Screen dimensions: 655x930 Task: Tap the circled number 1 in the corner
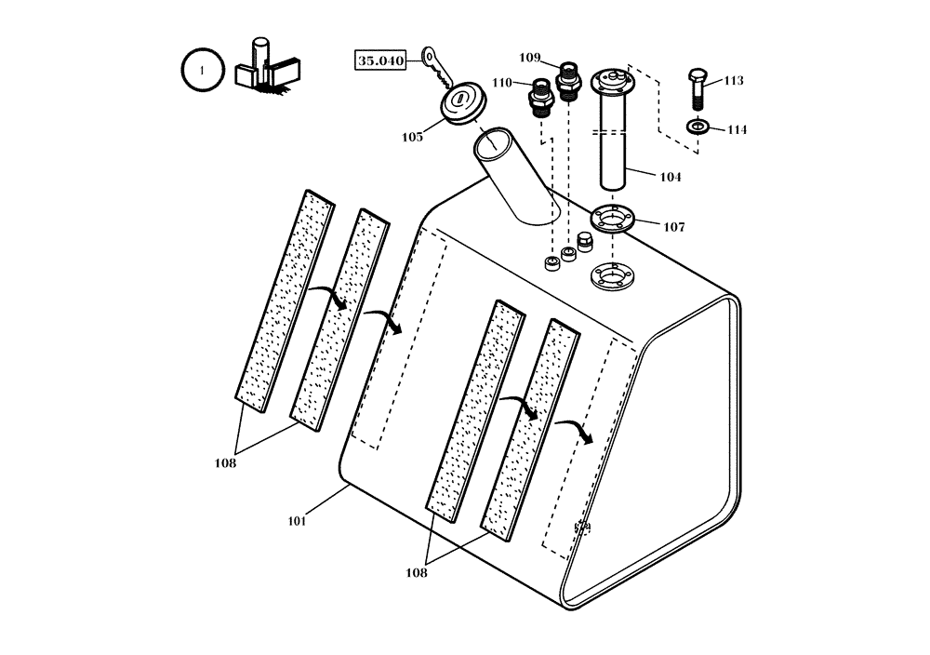[x=202, y=70]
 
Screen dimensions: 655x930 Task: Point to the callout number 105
[x=412, y=138]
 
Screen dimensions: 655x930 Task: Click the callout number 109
[x=529, y=58]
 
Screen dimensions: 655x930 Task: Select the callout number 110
[x=502, y=83]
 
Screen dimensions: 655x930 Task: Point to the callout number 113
[x=733, y=81]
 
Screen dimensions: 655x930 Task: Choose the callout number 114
[x=736, y=130]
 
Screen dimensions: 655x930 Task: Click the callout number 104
[x=670, y=177]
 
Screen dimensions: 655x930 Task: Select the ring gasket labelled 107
[x=611, y=220]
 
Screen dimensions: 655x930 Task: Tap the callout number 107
[x=673, y=227]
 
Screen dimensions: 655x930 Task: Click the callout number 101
[x=297, y=521]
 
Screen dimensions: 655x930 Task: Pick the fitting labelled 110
[x=539, y=96]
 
